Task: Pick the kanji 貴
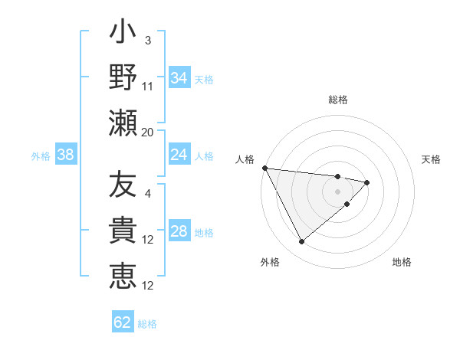coord(123,232)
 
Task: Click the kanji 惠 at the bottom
coord(123,277)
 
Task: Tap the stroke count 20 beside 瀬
coord(148,132)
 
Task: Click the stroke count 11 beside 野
coord(148,86)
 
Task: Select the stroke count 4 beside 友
coord(148,193)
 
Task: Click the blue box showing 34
coord(179,77)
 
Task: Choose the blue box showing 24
coord(179,155)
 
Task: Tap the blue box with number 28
coord(179,231)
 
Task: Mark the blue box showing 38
coord(66,155)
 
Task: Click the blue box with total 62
coord(123,322)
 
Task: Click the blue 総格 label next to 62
coord(147,323)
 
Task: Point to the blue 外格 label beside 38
coord(41,155)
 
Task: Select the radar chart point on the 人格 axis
coord(264,168)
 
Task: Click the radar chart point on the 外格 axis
coord(301,242)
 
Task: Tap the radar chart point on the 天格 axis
coord(367,182)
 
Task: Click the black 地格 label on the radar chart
coord(402,262)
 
